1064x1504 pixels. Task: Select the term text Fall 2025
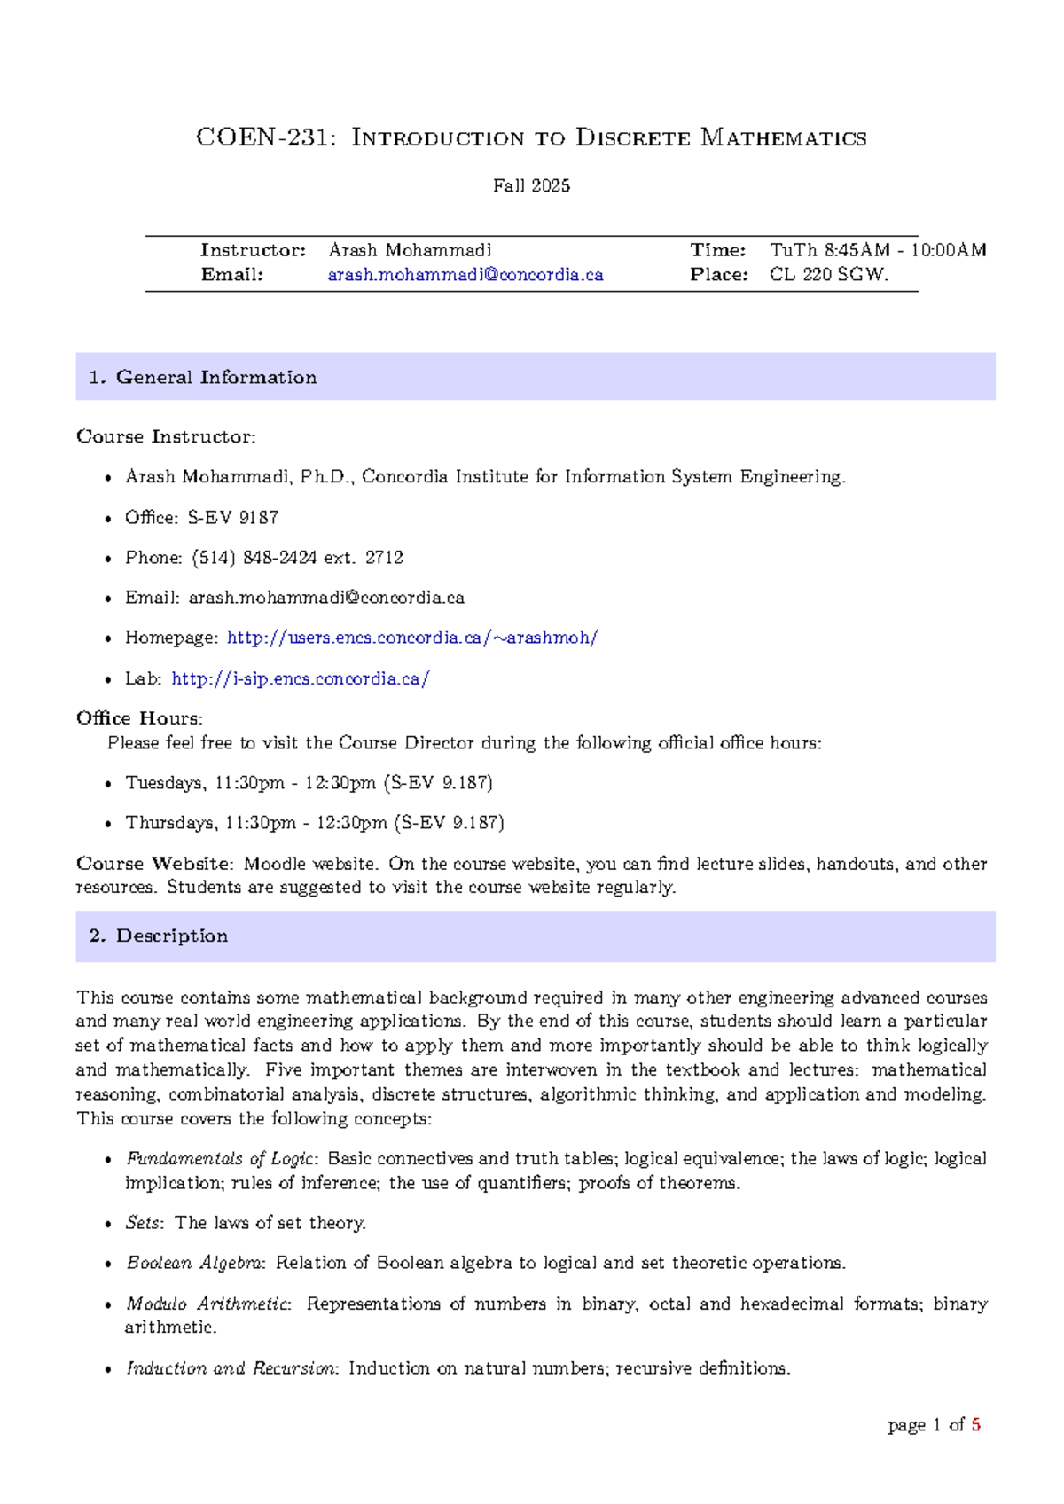pyautogui.click(x=531, y=186)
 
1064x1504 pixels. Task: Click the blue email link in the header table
pyautogui.click(x=465, y=275)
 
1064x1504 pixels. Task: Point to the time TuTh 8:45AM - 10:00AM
pyautogui.click(x=877, y=250)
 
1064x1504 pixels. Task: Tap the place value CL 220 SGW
pyautogui.click(x=828, y=275)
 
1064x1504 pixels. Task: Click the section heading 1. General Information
pyautogui.click(x=203, y=377)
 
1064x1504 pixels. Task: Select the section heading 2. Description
pyautogui.click(x=159, y=936)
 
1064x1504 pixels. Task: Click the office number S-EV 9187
pyautogui.click(x=232, y=518)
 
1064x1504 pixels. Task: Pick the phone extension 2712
pyautogui.click(x=384, y=558)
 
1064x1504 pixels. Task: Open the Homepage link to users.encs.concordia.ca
pyautogui.click(x=412, y=638)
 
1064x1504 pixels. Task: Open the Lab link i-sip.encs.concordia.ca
pyautogui.click(x=301, y=679)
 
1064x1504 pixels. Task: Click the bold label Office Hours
pyautogui.click(x=139, y=718)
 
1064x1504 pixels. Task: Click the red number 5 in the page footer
pyautogui.click(x=976, y=1425)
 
